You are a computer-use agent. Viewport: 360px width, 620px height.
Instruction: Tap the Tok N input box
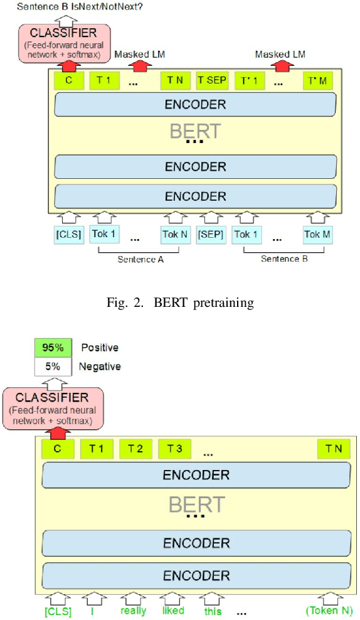click(175, 234)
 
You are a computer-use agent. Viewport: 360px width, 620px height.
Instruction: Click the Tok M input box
click(317, 234)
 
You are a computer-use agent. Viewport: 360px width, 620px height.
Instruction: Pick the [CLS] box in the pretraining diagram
click(68, 234)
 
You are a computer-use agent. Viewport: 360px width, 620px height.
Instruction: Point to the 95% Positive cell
click(48, 347)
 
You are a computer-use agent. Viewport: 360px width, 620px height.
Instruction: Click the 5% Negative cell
click(48, 366)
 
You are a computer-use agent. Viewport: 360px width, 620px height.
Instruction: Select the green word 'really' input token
click(134, 610)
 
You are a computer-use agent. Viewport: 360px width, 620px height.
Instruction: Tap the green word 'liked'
click(173, 610)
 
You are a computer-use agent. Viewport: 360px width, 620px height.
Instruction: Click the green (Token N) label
click(328, 610)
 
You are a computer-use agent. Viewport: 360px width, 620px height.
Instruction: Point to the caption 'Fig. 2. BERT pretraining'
click(179, 303)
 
